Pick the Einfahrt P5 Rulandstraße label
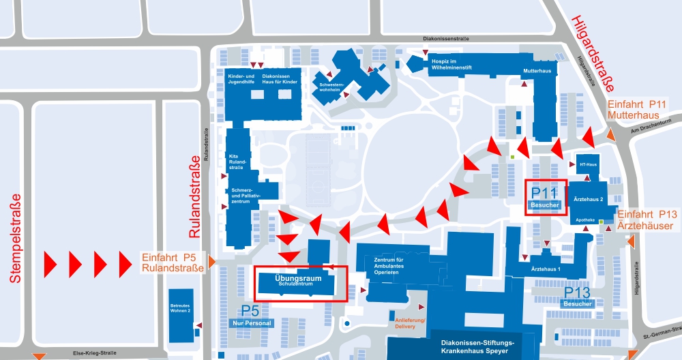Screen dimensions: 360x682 pos(173,262)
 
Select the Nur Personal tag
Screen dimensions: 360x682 pos(252,323)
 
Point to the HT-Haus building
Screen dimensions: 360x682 pos(586,165)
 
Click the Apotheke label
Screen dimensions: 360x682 pos(585,220)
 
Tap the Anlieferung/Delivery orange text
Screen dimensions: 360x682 pos(410,322)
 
